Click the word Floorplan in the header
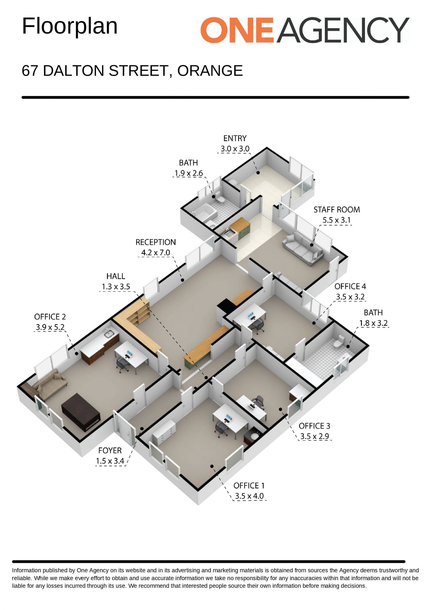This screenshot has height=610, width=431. coord(70,26)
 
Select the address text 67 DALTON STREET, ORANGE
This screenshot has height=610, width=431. coord(132,71)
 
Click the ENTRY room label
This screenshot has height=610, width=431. coord(235,138)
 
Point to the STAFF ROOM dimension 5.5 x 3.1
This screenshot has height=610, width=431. coord(336,220)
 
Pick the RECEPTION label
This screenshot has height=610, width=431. coord(156,242)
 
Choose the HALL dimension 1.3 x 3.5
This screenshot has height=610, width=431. coord(116,287)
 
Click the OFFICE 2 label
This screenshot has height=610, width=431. coord(50,317)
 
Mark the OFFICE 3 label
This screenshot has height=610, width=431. coord(314,426)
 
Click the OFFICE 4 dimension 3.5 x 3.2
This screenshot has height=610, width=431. coord(350,297)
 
